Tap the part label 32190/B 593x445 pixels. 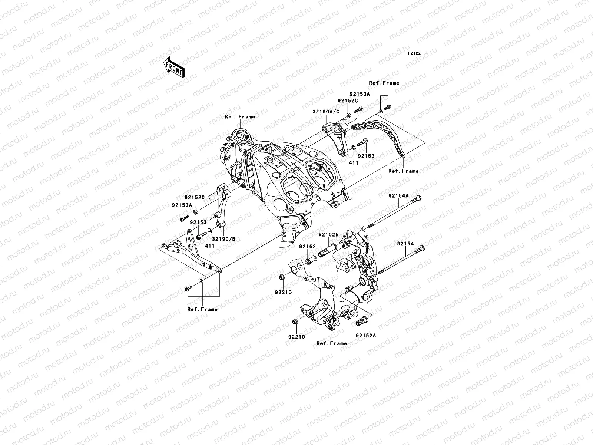(x=224, y=239)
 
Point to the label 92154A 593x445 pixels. (x=399, y=195)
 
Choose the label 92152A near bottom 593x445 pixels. (x=366, y=336)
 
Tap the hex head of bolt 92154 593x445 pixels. (x=421, y=249)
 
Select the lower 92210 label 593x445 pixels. (x=295, y=337)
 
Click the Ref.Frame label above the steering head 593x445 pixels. (x=240, y=116)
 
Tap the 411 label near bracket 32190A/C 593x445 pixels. (x=354, y=162)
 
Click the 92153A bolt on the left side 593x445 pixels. (x=183, y=219)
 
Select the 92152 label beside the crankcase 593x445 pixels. (x=308, y=247)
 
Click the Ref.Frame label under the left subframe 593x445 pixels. (x=202, y=309)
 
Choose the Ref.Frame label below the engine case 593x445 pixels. (x=332, y=343)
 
